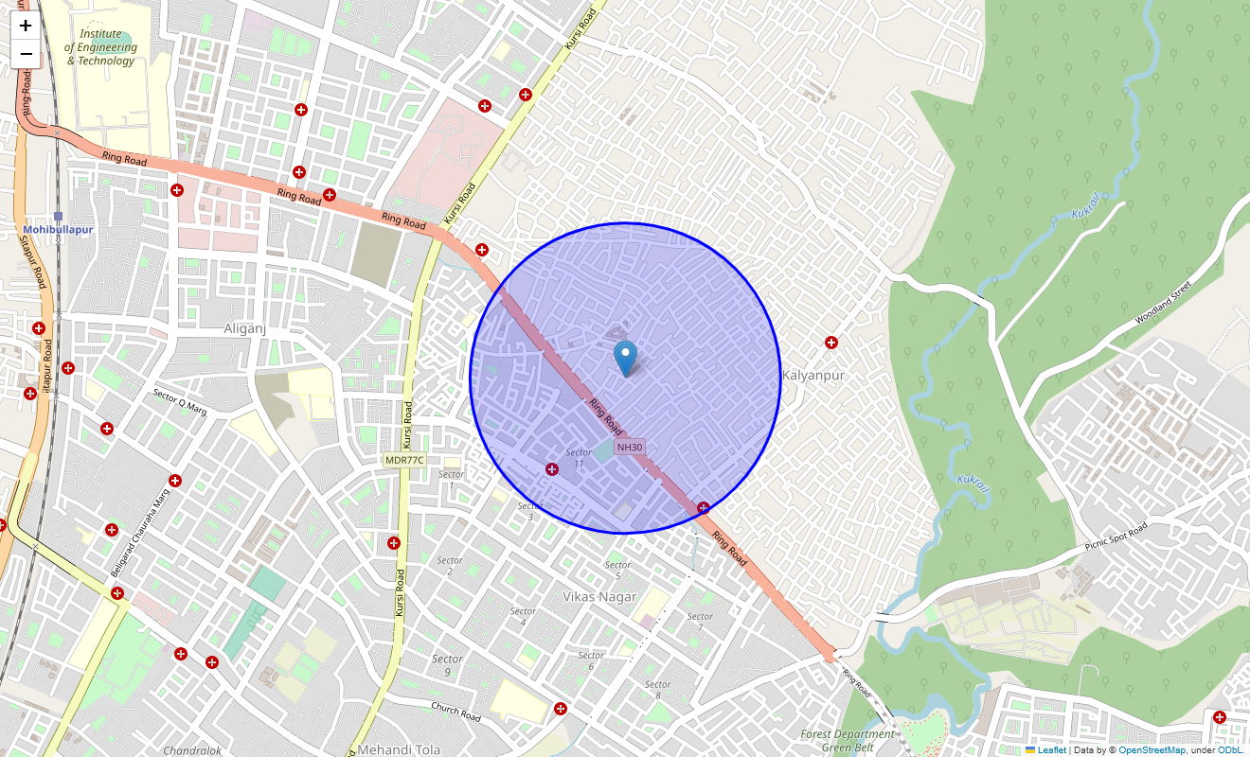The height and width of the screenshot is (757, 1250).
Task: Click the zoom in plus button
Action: point(26,26)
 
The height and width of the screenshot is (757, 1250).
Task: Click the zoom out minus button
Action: point(26,54)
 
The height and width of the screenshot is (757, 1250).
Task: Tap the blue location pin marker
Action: point(625,359)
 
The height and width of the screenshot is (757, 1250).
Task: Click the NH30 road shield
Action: point(630,448)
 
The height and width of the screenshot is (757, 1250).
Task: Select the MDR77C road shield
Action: point(404,460)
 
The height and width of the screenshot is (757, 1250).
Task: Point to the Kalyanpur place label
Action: point(812,376)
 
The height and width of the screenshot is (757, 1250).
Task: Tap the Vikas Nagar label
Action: point(599,597)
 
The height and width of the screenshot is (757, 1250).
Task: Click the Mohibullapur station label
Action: point(58,230)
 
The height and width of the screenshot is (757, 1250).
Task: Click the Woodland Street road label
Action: point(1168,302)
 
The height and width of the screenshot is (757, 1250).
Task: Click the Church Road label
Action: point(455,712)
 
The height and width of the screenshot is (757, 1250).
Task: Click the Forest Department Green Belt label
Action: point(846,740)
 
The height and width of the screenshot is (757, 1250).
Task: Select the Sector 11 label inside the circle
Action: point(579,458)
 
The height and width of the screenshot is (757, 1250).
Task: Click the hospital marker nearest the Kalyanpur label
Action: point(831,343)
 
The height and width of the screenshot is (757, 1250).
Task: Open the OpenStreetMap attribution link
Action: point(1152,750)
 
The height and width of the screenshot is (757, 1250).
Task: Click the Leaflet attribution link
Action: point(1051,750)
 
